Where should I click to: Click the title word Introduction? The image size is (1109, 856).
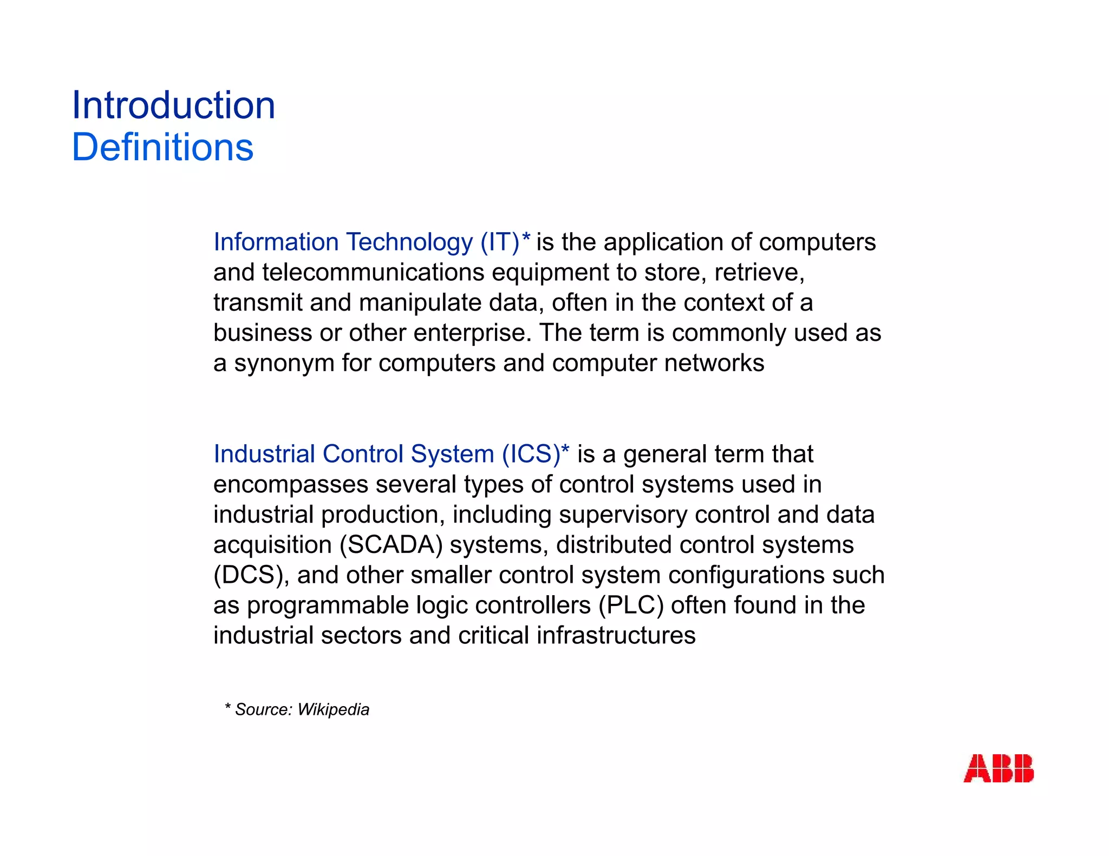pyautogui.click(x=173, y=105)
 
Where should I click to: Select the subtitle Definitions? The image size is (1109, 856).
pyautogui.click(x=162, y=147)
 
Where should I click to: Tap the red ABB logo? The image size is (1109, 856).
pyautogui.click(x=998, y=768)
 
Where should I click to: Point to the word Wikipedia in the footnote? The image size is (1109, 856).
pyautogui.click(x=333, y=709)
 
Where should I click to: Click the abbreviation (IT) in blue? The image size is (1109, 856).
pyautogui.click(x=500, y=242)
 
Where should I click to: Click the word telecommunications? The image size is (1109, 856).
pyautogui.click(x=373, y=272)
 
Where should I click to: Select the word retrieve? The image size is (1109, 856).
pyautogui.click(x=759, y=272)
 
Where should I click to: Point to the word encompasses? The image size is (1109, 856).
pyautogui.click(x=290, y=485)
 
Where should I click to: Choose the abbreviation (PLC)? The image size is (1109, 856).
pyautogui.click(x=631, y=605)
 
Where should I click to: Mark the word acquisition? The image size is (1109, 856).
pyautogui.click(x=272, y=545)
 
